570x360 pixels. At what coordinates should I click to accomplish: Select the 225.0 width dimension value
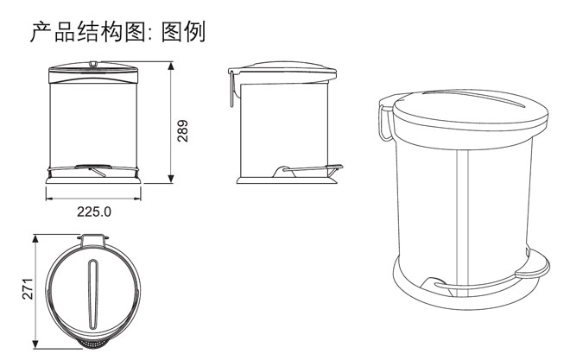point(95,211)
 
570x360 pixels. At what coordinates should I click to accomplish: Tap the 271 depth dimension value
point(27,288)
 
